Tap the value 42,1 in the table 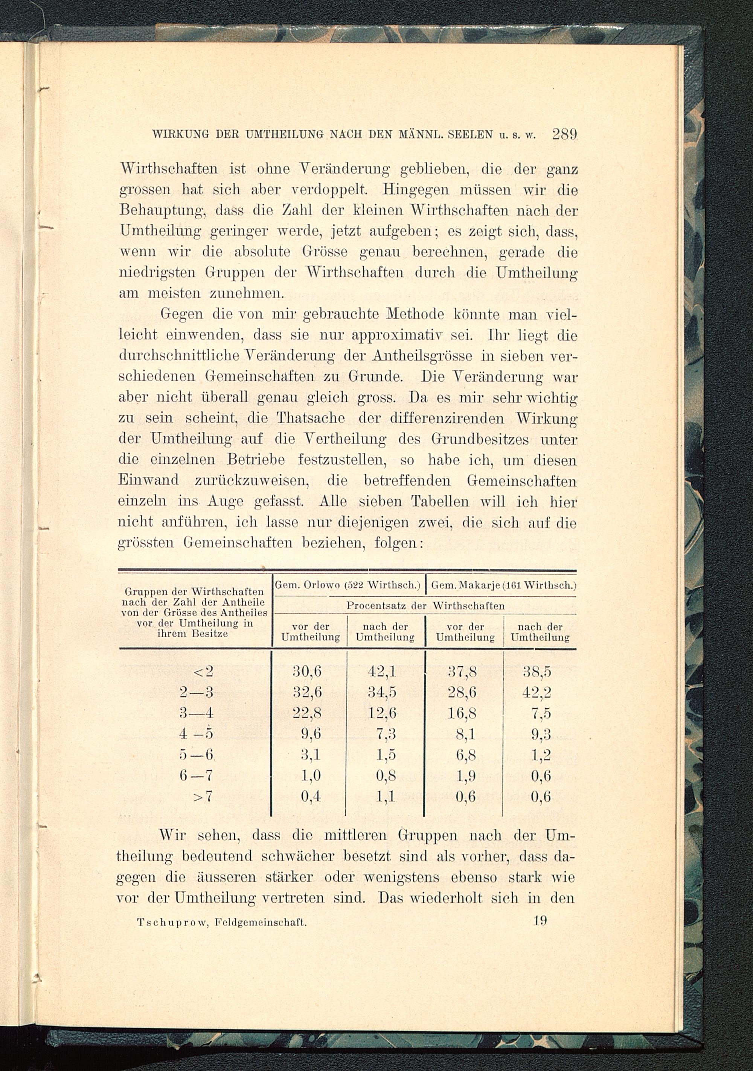(x=382, y=671)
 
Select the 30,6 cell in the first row (x=307, y=671)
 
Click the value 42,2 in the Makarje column (x=537, y=692)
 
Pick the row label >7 (x=203, y=797)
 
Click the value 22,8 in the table (x=307, y=713)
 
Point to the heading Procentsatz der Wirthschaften (x=425, y=606)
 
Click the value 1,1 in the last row (x=386, y=797)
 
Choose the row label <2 (x=203, y=672)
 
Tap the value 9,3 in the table (x=541, y=734)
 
